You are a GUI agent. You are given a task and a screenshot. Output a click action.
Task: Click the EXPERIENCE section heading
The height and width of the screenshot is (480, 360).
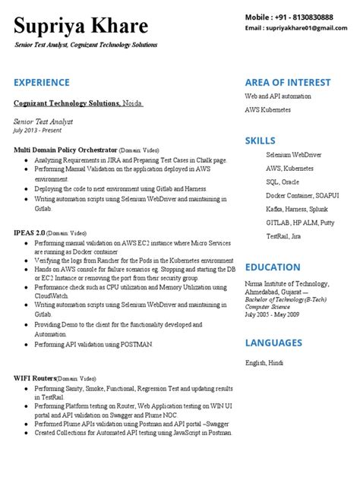[x=42, y=82]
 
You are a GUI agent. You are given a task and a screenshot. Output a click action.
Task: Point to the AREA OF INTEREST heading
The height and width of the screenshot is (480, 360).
[x=288, y=82]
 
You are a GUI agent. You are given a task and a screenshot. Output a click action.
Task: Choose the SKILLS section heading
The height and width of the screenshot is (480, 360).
[x=261, y=141]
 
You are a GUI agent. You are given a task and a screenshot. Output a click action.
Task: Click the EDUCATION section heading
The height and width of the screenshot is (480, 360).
[x=273, y=267]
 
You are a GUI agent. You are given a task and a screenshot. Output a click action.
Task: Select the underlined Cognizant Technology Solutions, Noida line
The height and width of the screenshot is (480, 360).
[x=77, y=103]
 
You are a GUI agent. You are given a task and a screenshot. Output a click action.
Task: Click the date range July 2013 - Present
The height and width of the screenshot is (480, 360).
[x=40, y=130]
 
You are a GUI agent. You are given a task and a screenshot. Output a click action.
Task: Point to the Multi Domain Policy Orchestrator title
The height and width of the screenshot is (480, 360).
[x=65, y=150]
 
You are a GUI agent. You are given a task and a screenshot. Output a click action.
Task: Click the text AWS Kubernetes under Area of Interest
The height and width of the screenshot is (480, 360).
[x=267, y=110]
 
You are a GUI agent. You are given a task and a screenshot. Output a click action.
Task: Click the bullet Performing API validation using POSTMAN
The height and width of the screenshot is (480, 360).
[x=94, y=344]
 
